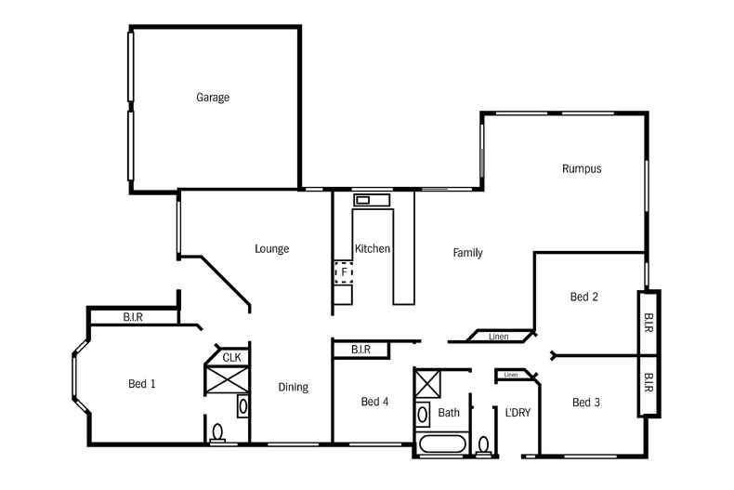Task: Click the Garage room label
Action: tap(212, 98)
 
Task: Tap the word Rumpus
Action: tap(582, 169)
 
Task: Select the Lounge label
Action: tap(272, 249)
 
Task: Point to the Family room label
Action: tap(467, 253)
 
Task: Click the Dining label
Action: tap(293, 388)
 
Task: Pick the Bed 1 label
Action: tap(141, 383)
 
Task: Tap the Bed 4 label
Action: tap(375, 402)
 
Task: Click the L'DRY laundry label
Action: tap(518, 412)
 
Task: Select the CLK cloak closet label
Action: tap(231, 357)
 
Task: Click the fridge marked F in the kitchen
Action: tap(344, 272)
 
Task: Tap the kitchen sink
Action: tap(362, 200)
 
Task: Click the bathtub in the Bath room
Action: tap(445, 443)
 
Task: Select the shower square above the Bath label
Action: tap(428, 383)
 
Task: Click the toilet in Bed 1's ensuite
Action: tap(218, 433)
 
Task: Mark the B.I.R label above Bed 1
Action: tap(132, 318)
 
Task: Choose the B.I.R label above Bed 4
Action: tap(360, 350)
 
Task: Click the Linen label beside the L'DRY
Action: tap(508, 375)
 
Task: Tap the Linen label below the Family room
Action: tap(499, 337)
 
